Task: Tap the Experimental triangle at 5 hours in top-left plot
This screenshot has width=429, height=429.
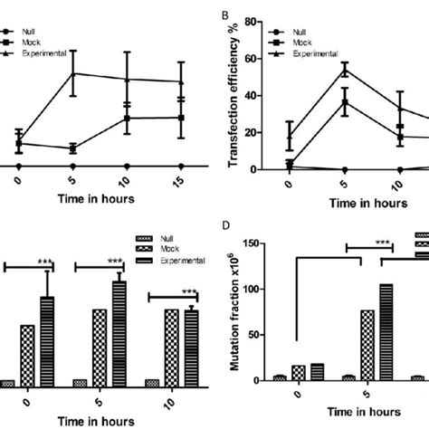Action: pyautogui.click(x=72, y=73)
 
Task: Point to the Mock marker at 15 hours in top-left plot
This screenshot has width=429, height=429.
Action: pyautogui.click(x=182, y=118)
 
